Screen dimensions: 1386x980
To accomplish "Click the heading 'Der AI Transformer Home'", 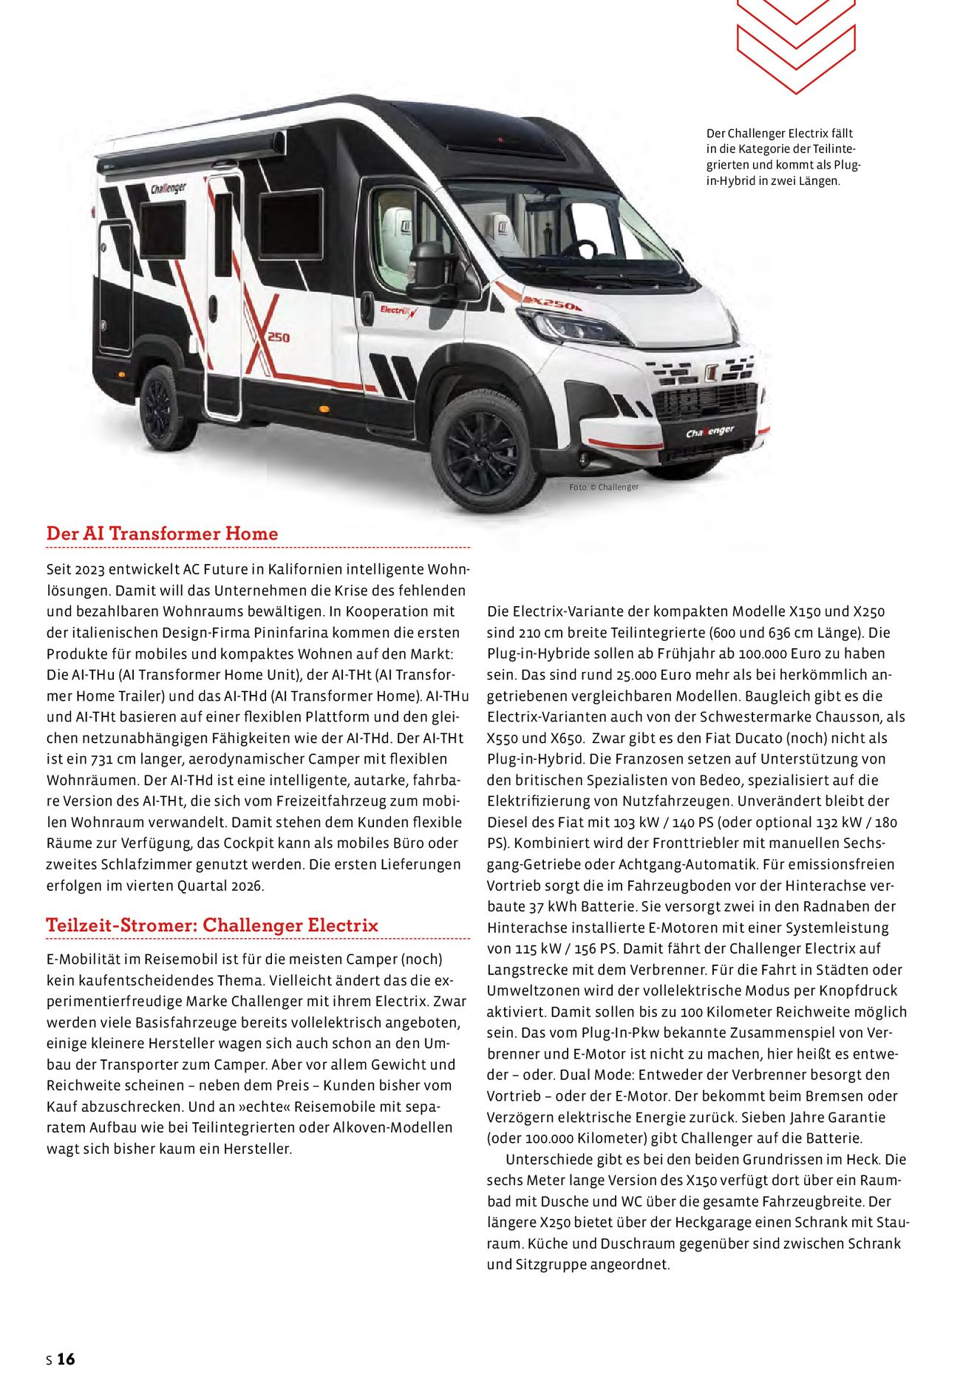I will point(162,534).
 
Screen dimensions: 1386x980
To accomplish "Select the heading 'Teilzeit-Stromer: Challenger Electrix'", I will point(212,925).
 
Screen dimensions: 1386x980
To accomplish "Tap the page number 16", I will point(66,1359).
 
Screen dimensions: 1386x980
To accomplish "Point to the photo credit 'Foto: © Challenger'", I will point(603,487).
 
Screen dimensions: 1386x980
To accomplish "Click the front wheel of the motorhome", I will point(484,452).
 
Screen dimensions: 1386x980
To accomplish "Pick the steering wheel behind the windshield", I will point(579,248).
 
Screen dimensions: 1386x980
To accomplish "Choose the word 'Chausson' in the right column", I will point(845,717).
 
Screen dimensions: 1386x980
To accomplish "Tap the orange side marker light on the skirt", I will point(324,407).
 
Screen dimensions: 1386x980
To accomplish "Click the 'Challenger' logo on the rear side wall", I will point(169,188).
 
